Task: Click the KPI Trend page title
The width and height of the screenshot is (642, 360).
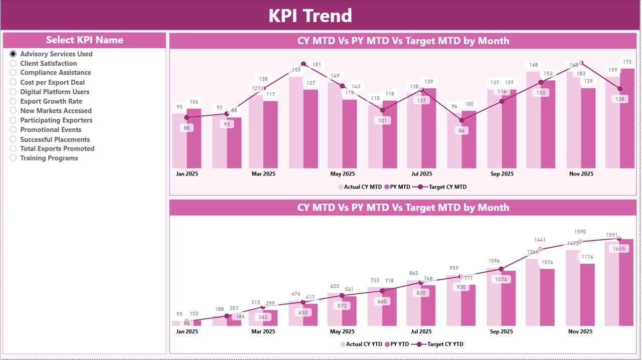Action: click(310, 16)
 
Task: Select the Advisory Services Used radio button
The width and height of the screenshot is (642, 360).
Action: click(13, 54)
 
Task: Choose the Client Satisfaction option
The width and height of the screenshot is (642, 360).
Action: click(13, 63)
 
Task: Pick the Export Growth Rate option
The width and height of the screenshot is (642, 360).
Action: click(13, 101)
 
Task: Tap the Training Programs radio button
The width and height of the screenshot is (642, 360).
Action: click(13, 158)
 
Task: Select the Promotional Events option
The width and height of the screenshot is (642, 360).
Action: click(13, 130)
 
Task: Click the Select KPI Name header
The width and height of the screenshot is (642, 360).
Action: click(84, 40)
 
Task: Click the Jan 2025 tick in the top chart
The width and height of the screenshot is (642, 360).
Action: click(187, 174)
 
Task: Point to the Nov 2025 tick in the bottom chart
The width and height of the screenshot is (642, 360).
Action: click(580, 331)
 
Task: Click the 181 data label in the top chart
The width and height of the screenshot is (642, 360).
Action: click(317, 65)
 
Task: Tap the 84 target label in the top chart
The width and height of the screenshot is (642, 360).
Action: click(461, 131)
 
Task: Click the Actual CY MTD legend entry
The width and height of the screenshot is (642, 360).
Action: click(360, 187)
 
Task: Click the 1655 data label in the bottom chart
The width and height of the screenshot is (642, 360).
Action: click(619, 249)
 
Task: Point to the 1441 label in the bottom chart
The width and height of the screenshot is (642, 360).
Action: click(540, 240)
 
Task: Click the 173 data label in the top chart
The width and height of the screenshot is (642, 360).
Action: click(627, 62)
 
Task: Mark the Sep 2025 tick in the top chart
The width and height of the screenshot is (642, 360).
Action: click(502, 174)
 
